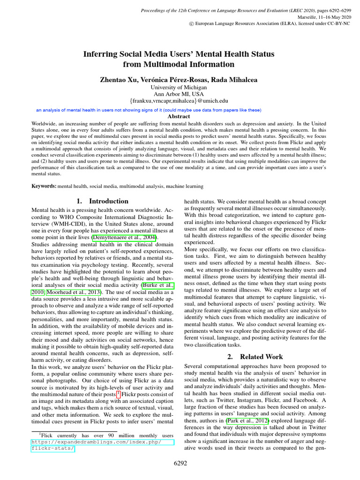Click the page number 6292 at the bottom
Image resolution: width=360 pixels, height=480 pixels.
180,464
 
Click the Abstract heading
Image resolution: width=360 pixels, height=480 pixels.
180,116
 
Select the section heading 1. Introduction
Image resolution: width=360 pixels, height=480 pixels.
102,201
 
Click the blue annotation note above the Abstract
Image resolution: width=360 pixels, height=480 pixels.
149,110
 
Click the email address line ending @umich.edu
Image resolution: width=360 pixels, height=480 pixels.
180,100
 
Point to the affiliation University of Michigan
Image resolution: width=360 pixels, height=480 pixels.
180,87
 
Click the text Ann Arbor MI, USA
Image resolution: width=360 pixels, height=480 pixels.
180,94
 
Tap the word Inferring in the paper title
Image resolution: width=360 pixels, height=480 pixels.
101,54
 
